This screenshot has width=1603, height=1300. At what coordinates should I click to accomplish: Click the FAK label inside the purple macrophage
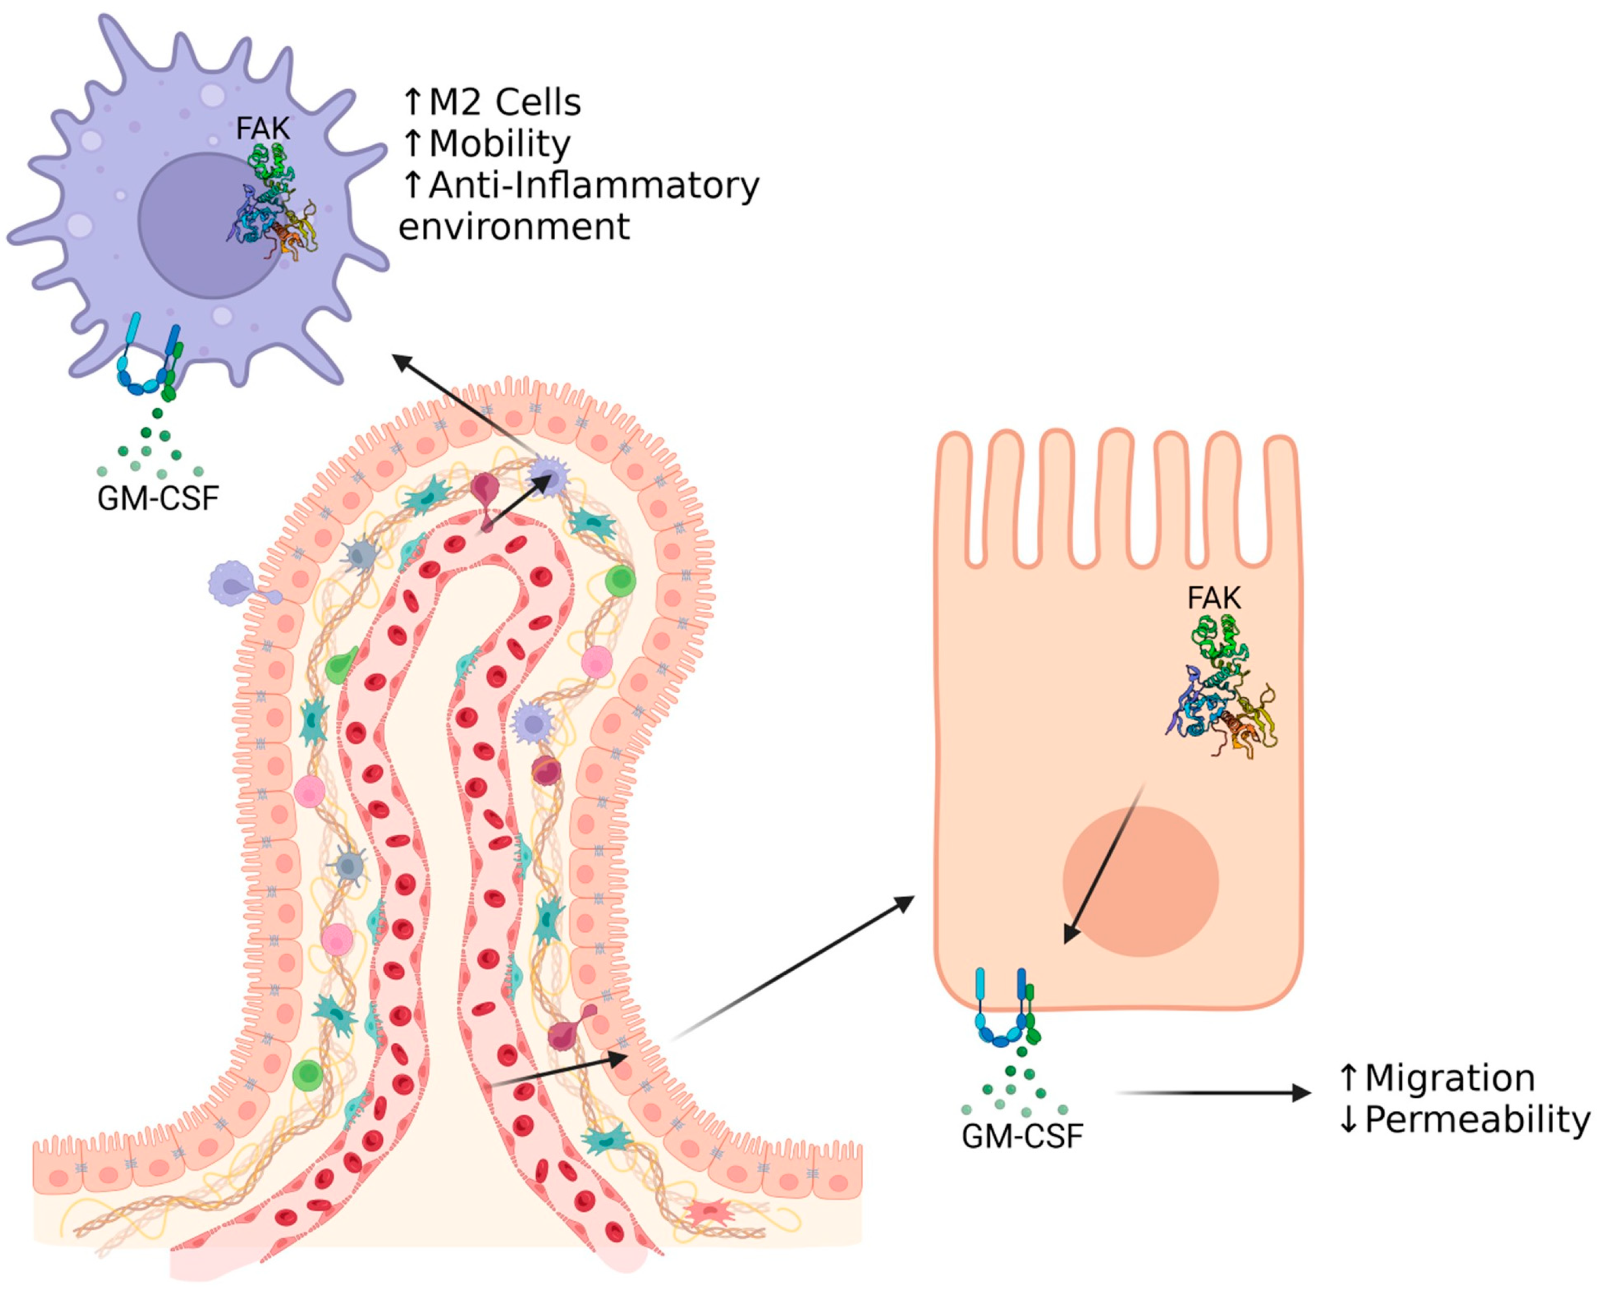pyautogui.click(x=262, y=129)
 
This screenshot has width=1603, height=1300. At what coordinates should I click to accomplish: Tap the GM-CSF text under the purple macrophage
pyautogui.click(x=158, y=498)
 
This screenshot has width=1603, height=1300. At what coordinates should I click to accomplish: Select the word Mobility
pyautogui.click(x=500, y=144)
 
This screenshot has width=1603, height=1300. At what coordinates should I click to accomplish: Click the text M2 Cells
pyautogui.click(x=504, y=102)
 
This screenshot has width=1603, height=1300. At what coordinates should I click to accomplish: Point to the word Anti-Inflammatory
pyautogui.click(x=593, y=185)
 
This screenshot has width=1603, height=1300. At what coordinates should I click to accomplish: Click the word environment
pyautogui.click(x=514, y=227)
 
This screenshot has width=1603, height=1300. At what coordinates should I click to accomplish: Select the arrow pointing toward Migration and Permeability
pyautogui.click(x=1213, y=1093)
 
